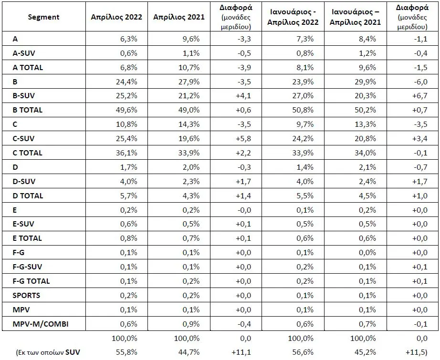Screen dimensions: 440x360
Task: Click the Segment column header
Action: click(43, 17)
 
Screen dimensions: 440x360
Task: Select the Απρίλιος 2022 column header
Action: click(116, 17)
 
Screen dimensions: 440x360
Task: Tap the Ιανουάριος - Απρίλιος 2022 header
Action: click(293, 17)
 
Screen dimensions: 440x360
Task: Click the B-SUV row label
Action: click(23, 96)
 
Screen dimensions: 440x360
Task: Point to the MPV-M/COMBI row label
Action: click(41, 324)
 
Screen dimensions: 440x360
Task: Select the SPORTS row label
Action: click(26, 295)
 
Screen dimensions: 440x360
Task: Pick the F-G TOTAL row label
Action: click(31, 281)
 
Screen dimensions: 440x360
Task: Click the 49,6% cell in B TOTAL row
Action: click(126, 110)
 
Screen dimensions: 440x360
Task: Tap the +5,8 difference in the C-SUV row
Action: click(243, 138)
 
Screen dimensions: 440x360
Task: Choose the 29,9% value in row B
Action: click(365, 82)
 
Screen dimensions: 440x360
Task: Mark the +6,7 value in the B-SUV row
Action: click(419, 96)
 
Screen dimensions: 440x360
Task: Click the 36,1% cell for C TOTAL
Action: click(126, 153)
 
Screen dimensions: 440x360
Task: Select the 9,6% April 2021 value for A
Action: click(191, 39)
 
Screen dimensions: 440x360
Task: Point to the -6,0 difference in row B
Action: click(420, 82)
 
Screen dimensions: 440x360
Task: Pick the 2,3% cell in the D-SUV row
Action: click(191, 181)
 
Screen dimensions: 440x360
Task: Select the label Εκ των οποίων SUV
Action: click(48, 352)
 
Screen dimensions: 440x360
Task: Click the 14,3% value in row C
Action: click(189, 124)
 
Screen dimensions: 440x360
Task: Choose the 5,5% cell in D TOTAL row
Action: click(305, 195)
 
